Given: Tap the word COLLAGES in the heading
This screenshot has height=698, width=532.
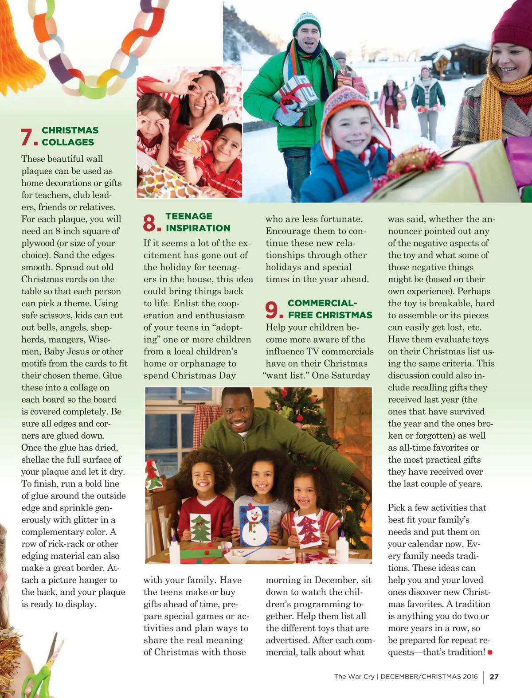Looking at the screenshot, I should click(68, 142).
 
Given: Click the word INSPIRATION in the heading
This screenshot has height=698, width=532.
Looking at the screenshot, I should click(198, 228).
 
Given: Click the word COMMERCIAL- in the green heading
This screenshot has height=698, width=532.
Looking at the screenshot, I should click(322, 303).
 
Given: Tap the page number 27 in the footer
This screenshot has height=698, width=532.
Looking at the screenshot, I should click(494, 677).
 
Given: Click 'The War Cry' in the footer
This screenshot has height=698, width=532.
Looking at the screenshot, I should click(354, 677).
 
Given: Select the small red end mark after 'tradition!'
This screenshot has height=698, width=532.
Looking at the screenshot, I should click(490, 652).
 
